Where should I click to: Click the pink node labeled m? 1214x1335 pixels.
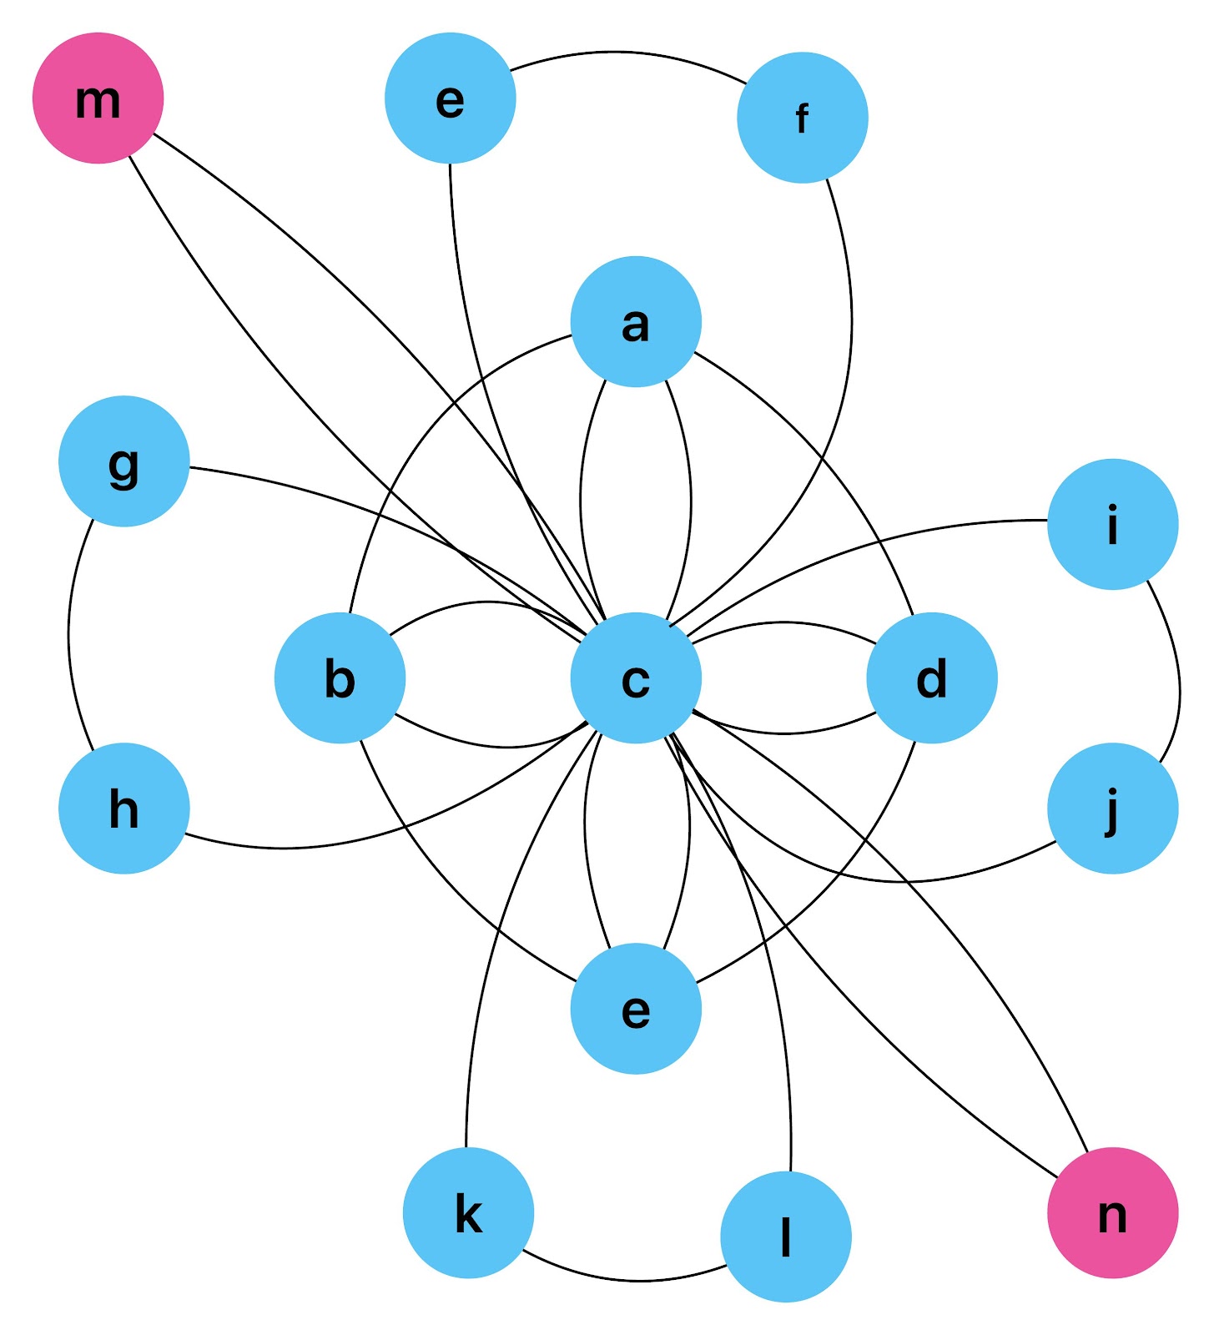(x=98, y=98)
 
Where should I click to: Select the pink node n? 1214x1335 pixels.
(x=1112, y=1212)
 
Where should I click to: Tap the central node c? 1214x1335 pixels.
(x=636, y=678)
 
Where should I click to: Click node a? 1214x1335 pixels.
(x=636, y=321)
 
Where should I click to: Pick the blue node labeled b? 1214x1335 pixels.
(x=340, y=678)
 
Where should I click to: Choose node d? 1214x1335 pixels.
(x=931, y=678)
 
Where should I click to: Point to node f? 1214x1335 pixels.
(x=802, y=118)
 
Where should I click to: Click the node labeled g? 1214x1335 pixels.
(x=124, y=461)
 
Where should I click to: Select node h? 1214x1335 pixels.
(x=124, y=808)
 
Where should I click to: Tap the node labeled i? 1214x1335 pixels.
(x=1112, y=524)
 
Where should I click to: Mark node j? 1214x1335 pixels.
(x=1112, y=808)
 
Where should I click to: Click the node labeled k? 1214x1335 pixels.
(x=468, y=1212)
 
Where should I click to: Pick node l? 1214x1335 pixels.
(x=785, y=1237)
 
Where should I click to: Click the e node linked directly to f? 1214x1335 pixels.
(x=450, y=98)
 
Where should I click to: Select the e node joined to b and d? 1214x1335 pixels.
(x=636, y=1008)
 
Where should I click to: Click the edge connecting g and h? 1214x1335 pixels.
(x=69, y=634)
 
